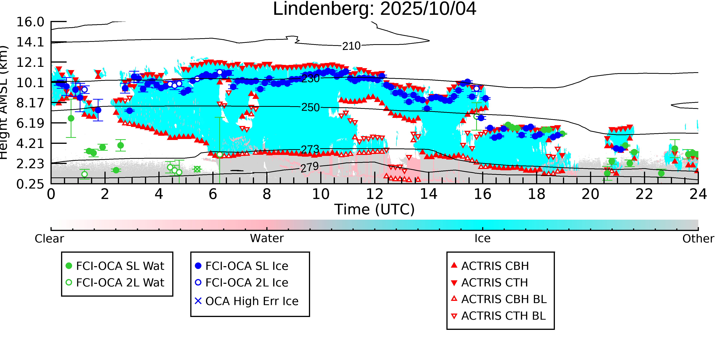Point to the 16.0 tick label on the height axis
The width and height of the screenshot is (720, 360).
point(30,22)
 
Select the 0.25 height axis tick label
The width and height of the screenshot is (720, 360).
point(30,184)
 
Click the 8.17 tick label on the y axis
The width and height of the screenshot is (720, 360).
point(30,103)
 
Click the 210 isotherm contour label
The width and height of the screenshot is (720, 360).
point(351,46)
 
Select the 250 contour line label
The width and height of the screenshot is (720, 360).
point(310,107)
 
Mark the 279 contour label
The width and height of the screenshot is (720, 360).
point(310,167)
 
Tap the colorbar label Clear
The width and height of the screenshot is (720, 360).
point(49,239)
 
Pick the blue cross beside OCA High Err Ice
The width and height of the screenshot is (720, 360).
point(198,301)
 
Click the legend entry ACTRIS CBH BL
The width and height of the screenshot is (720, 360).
point(504,299)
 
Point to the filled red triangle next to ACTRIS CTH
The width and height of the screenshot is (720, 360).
point(454,283)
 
